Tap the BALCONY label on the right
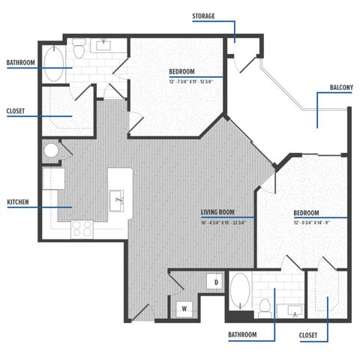point(341,88)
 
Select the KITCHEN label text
point(19,202)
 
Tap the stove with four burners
point(81,229)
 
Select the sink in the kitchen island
point(118,200)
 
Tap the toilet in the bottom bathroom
point(265,306)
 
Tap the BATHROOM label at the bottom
point(242,334)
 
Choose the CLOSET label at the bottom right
point(307,334)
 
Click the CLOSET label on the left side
point(15,111)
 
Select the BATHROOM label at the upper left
point(20,63)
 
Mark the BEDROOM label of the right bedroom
point(306,212)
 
